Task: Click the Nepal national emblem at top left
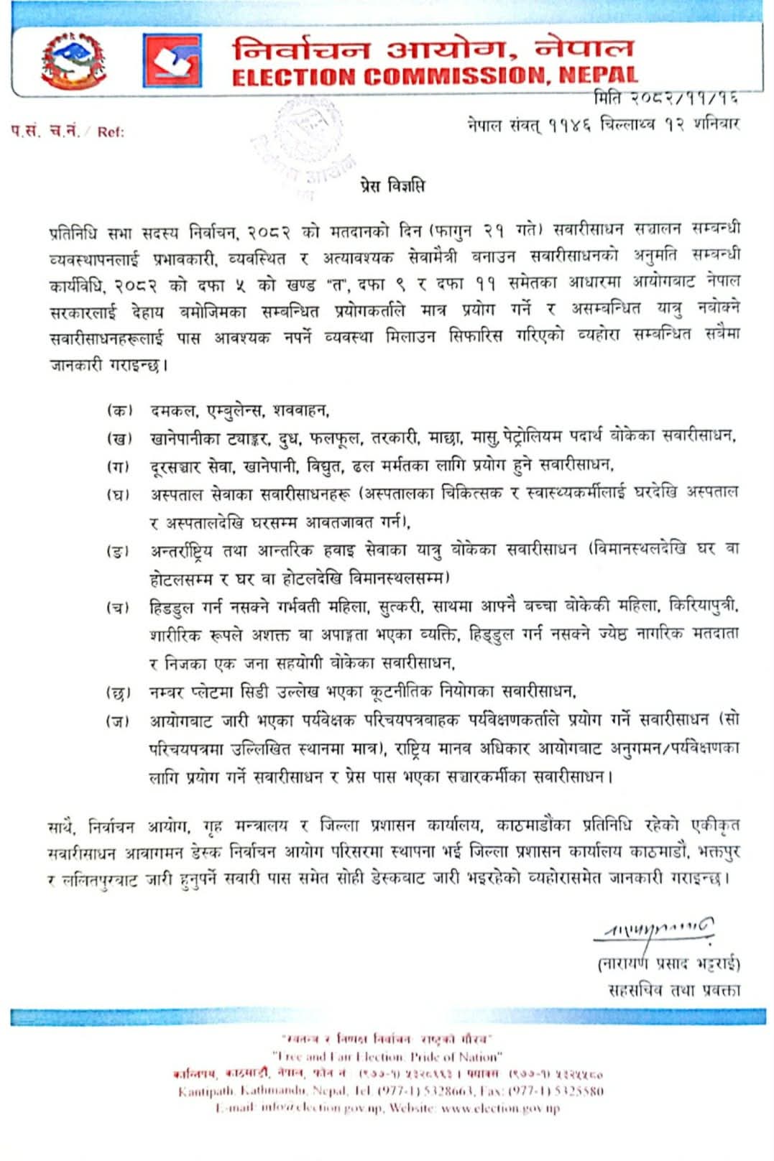coord(73,61)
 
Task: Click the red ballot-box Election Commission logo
coord(172,60)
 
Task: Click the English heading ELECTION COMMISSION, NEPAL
coord(434,75)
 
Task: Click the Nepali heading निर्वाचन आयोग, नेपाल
coord(433,49)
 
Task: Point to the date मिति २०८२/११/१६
coord(665,97)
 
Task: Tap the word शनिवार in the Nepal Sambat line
coord(716,124)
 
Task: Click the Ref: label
coord(111,132)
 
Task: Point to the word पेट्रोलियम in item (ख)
coord(533,436)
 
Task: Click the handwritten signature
coord(655,932)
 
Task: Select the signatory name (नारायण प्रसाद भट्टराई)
coord(668,963)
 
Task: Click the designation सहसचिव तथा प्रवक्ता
coord(673,990)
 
